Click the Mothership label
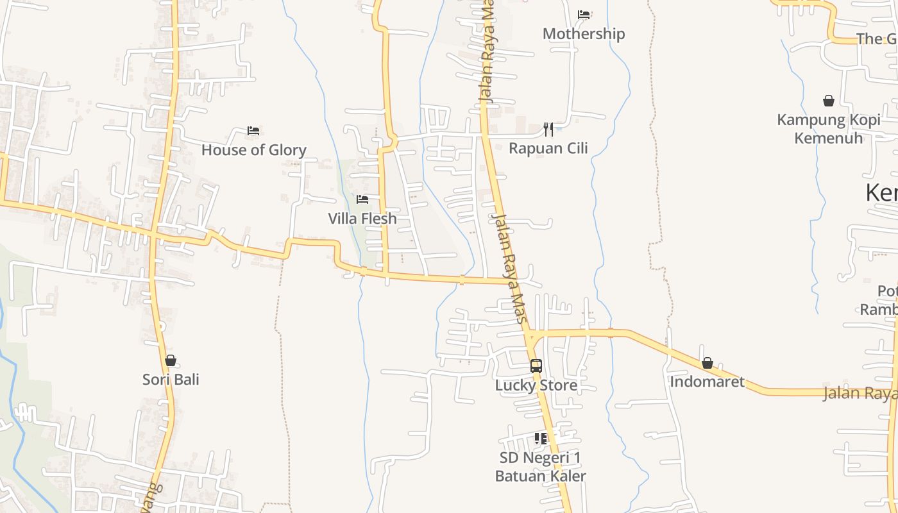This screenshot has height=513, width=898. point(584,33)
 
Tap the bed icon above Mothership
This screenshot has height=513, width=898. point(584,14)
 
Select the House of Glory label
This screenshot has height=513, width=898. point(254,150)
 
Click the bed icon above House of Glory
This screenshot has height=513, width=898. point(253,131)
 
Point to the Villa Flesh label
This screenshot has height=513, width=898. point(362,219)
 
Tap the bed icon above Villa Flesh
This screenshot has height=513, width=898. point(362,199)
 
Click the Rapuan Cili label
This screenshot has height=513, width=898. point(548,148)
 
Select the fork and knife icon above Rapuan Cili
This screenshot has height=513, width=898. point(548,130)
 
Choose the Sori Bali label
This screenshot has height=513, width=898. point(171,380)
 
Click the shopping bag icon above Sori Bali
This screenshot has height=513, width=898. point(171,361)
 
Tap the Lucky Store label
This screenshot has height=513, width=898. point(536,385)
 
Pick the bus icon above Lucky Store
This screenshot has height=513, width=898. point(536,366)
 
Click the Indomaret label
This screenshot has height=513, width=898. point(707,382)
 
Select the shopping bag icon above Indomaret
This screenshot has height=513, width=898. point(707,364)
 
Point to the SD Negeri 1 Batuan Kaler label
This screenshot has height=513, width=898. point(541,467)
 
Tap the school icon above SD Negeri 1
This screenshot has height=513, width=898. point(541,439)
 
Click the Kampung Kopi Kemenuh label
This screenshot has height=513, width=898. point(829,129)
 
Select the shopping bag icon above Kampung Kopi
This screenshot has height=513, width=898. point(829,101)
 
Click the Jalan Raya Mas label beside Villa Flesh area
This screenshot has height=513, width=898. point(512,268)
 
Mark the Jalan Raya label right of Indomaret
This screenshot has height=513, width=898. point(860,393)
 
